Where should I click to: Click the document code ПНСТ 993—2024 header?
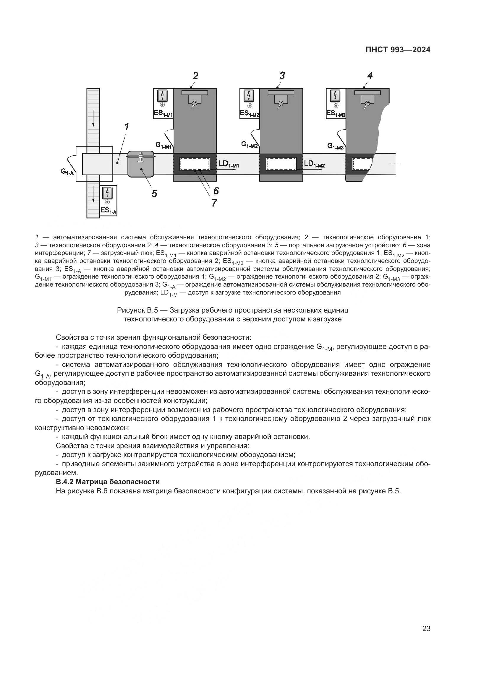click(398, 50)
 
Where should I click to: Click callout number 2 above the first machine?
click(195, 76)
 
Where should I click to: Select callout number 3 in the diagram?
click(282, 75)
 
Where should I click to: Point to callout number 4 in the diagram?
click(370, 76)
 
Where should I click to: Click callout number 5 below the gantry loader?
click(154, 194)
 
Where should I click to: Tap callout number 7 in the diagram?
click(214, 203)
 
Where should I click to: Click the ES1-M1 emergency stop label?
click(163, 114)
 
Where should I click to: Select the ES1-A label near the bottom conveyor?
click(109, 210)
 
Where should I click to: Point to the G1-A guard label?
click(67, 172)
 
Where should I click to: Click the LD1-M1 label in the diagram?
click(229, 164)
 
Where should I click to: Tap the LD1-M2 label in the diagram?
click(314, 164)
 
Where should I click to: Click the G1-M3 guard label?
click(335, 146)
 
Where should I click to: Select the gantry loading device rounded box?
click(141, 164)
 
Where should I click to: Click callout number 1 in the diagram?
click(127, 127)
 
